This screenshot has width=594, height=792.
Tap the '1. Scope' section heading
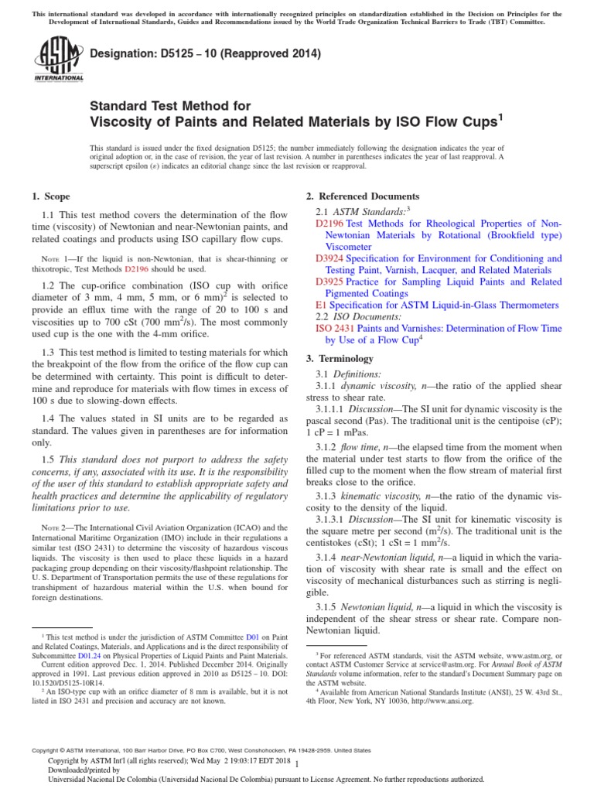click(x=49, y=196)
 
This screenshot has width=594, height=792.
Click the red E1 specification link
click(x=321, y=306)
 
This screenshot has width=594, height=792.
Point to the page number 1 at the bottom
click(x=297, y=765)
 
